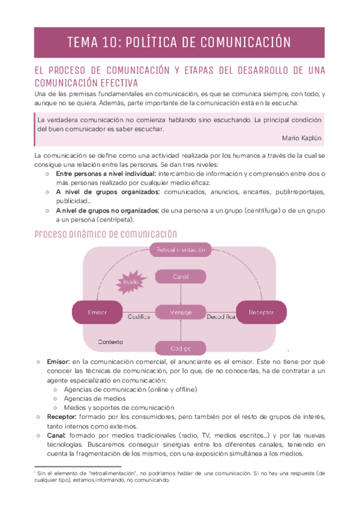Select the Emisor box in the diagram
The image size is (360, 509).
[97, 313]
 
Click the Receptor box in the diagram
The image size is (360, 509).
[261, 313]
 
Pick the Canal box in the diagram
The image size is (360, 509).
[181, 276]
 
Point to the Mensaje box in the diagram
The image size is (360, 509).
[181, 313]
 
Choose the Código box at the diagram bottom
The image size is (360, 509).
[181, 348]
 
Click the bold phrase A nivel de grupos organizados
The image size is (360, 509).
[107, 192]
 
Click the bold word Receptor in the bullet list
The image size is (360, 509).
[62, 416]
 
